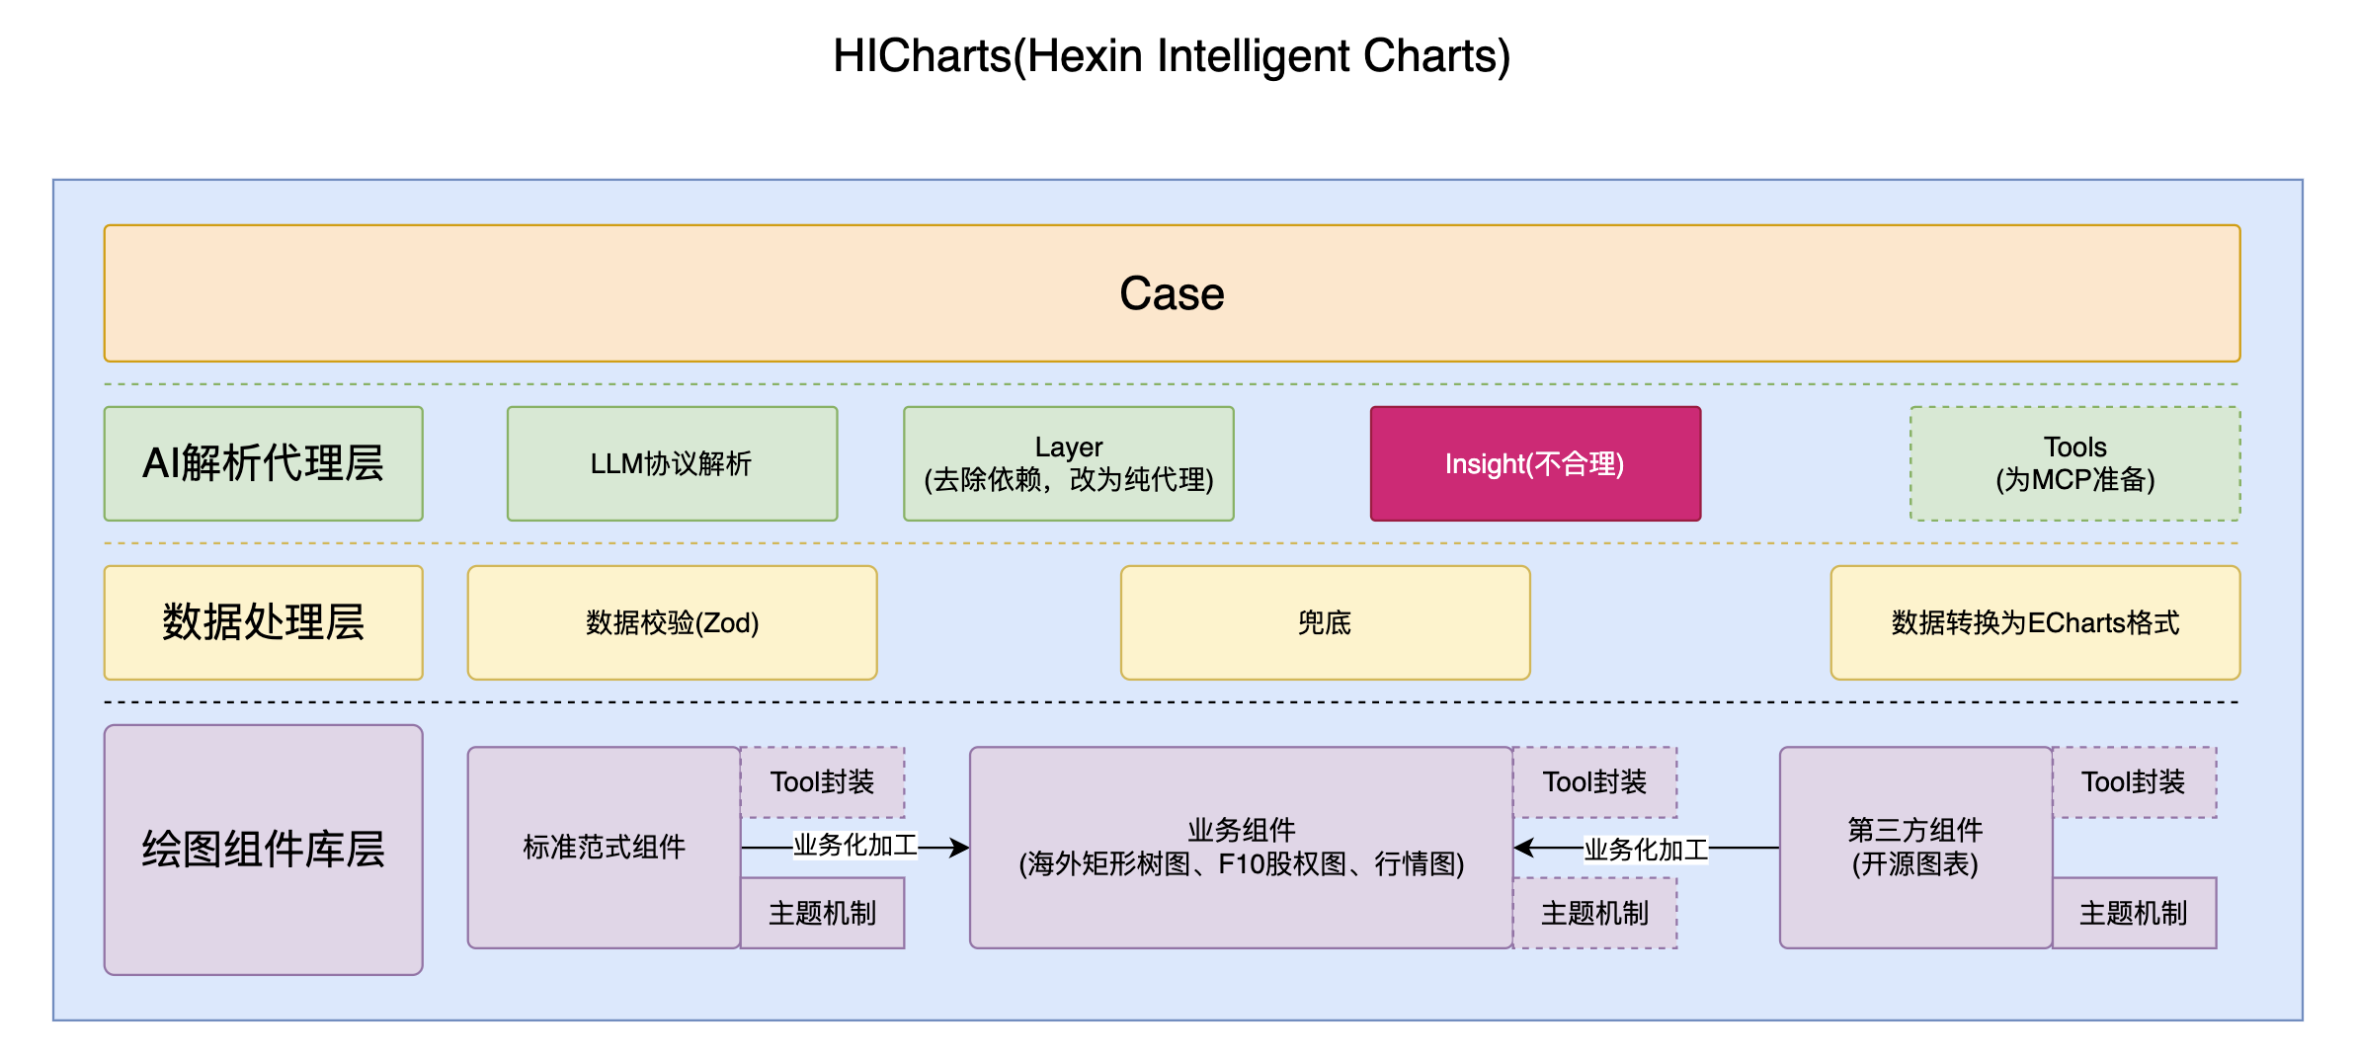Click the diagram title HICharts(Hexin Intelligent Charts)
(1171, 56)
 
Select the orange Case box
(1171, 293)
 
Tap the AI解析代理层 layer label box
(263, 463)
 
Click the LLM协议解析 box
(672, 463)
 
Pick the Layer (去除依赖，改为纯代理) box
(1068, 463)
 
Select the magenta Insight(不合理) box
(1534, 463)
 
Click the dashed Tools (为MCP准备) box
(2074, 463)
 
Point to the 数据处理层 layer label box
(263, 622)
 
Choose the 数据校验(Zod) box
(672, 622)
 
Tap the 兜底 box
(1325, 622)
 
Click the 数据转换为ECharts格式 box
(2035, 622)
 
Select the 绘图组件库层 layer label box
(263, 850)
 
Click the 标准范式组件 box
(604, 848)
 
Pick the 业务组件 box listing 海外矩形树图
(1241, 848)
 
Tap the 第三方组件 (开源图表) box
(1914, 848)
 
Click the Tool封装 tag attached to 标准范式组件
(822, 782)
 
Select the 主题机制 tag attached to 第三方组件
(2134, 913)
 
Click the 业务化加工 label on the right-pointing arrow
(855, 846)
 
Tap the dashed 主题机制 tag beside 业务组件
(1594, 913)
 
